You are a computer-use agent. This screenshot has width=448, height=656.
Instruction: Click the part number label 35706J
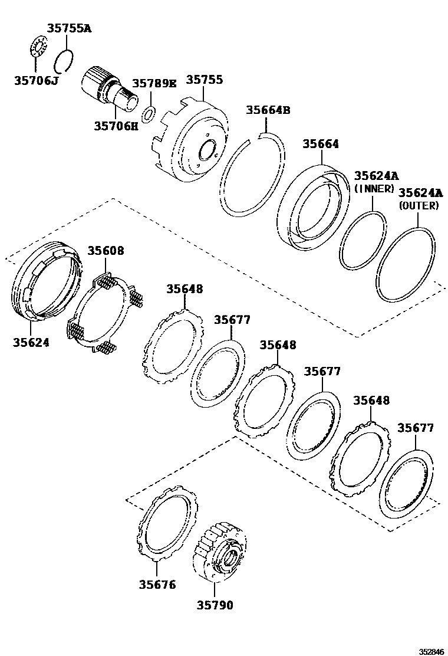(36, 80)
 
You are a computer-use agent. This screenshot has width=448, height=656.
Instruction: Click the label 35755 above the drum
(203, 80)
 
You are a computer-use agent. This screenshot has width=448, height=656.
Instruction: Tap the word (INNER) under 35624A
(374, 188)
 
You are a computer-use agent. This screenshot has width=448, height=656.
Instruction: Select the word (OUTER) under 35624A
(419, 205)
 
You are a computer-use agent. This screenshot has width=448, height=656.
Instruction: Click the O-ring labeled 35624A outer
(407, 264)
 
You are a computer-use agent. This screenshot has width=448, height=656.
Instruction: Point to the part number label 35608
(106, 251)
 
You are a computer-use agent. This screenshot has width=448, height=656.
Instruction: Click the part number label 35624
(31, 342)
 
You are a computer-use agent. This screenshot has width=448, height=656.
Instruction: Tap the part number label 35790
(215, 605)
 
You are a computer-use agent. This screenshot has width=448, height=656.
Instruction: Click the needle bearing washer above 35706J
(38, 47)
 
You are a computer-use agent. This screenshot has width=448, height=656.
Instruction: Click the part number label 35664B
(268, 110)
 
